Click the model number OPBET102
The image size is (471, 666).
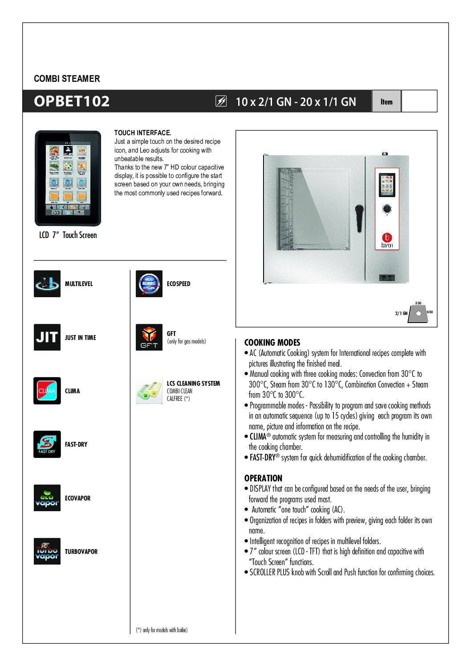72,101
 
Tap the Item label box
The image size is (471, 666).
386,101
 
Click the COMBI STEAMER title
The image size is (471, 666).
67,79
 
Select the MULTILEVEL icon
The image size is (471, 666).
47,283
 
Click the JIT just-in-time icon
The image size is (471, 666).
47,337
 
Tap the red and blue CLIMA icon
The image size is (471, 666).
47,391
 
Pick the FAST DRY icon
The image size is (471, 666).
47,444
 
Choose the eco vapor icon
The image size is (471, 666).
47,498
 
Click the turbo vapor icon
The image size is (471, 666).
47,551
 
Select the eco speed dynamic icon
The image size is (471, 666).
149,283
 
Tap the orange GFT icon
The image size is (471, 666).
149,337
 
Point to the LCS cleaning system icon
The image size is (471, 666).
149,391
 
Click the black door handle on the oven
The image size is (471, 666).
359,218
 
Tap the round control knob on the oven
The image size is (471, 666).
387,209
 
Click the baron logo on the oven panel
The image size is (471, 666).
387,240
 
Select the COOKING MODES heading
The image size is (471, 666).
272,343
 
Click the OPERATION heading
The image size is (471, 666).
263,478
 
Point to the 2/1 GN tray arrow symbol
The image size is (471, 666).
418,313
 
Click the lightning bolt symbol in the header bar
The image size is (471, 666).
221,101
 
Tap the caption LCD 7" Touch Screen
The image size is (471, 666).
68,235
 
